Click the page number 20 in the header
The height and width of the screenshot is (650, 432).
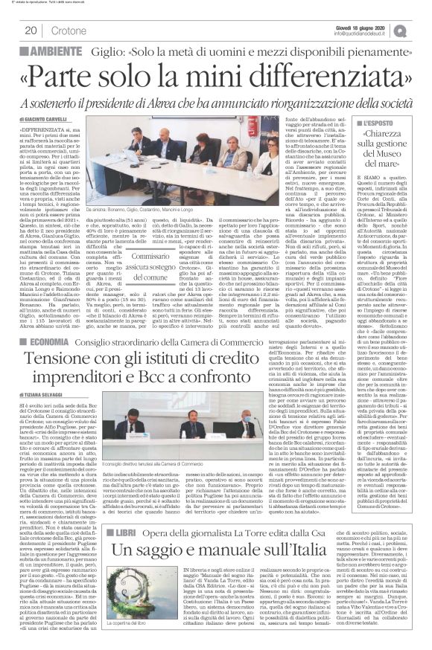pyautogui.click(x=31, y=30)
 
